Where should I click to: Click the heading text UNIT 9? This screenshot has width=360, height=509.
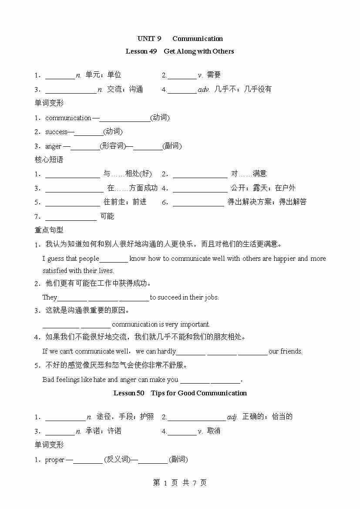click(x=149, y=39)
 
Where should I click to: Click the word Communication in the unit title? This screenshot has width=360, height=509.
click(x=197, y=39)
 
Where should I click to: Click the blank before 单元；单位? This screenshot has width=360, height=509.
click(x=60, y=76)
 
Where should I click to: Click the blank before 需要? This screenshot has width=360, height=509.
click(x=182, y=76)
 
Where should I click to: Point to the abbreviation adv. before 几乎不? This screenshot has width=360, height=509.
click(x=204, y=90)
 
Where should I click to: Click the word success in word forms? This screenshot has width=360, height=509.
click(x=56, y=132)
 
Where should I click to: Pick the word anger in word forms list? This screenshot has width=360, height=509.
click(x=53, y=146)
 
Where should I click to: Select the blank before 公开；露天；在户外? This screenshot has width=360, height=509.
click(x=200, y=189)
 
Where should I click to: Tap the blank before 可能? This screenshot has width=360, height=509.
click(x=71, y=217)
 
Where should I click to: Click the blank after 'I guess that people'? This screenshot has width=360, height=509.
click(x=114, y=259)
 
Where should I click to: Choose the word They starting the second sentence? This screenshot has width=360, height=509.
click(x=50, y=297)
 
